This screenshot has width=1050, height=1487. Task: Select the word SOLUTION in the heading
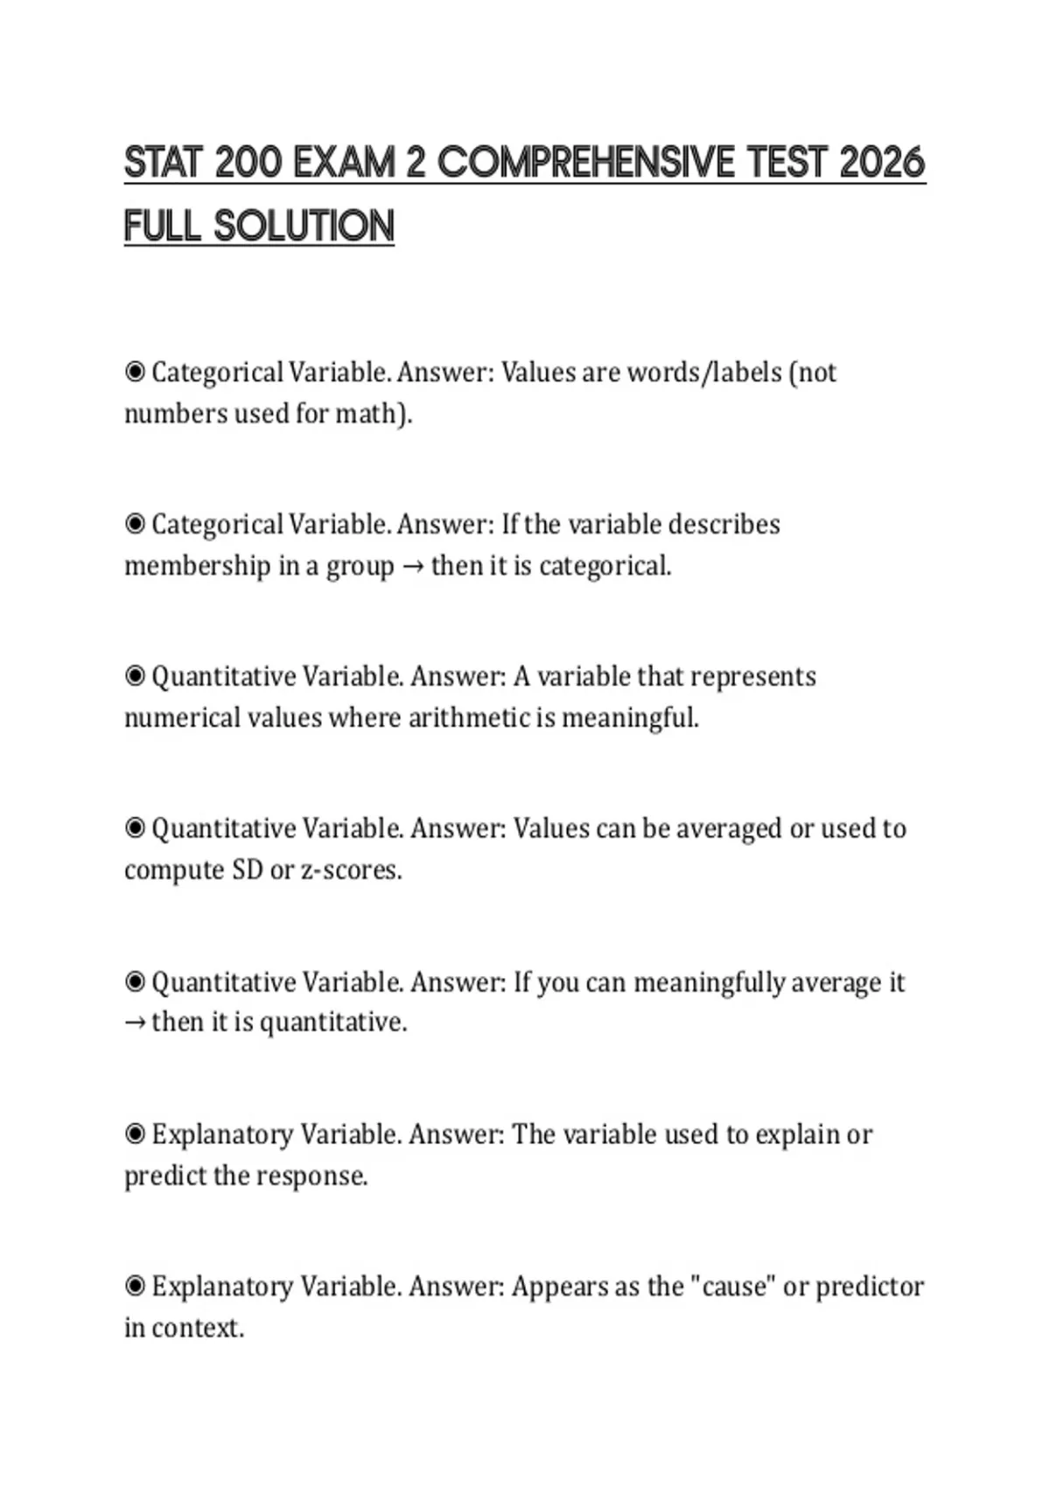point(304,227)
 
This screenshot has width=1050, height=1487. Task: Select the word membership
point(198,566)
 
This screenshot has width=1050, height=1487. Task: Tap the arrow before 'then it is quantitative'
point(135,1023)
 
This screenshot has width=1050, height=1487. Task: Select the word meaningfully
point(709,982)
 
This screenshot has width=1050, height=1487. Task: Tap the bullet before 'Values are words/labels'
point(135,373)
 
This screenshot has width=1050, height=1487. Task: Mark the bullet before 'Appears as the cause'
point(135,1287)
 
